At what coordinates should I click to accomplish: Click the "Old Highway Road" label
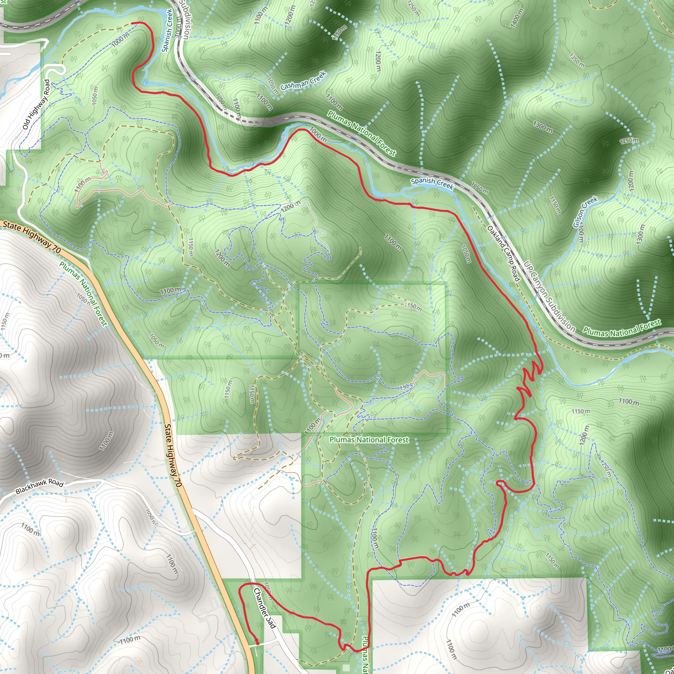tap(36, 104)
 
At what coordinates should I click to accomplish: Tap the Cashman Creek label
tap(303, 80)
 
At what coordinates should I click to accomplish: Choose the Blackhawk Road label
tap(39, 486)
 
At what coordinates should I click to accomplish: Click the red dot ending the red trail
tap(257, 643)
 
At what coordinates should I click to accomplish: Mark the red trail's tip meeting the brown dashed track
tap(132, 23)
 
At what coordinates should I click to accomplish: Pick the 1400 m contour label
tap(517, 18)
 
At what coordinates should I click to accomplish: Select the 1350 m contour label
tap(577, 60)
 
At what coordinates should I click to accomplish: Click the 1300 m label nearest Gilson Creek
tap(640, 234)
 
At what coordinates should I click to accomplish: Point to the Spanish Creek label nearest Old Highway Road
tap(168, 30)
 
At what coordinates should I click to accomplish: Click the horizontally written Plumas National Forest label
tap(369, 440)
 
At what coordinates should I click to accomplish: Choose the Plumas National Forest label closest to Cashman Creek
tap(361, 133)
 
